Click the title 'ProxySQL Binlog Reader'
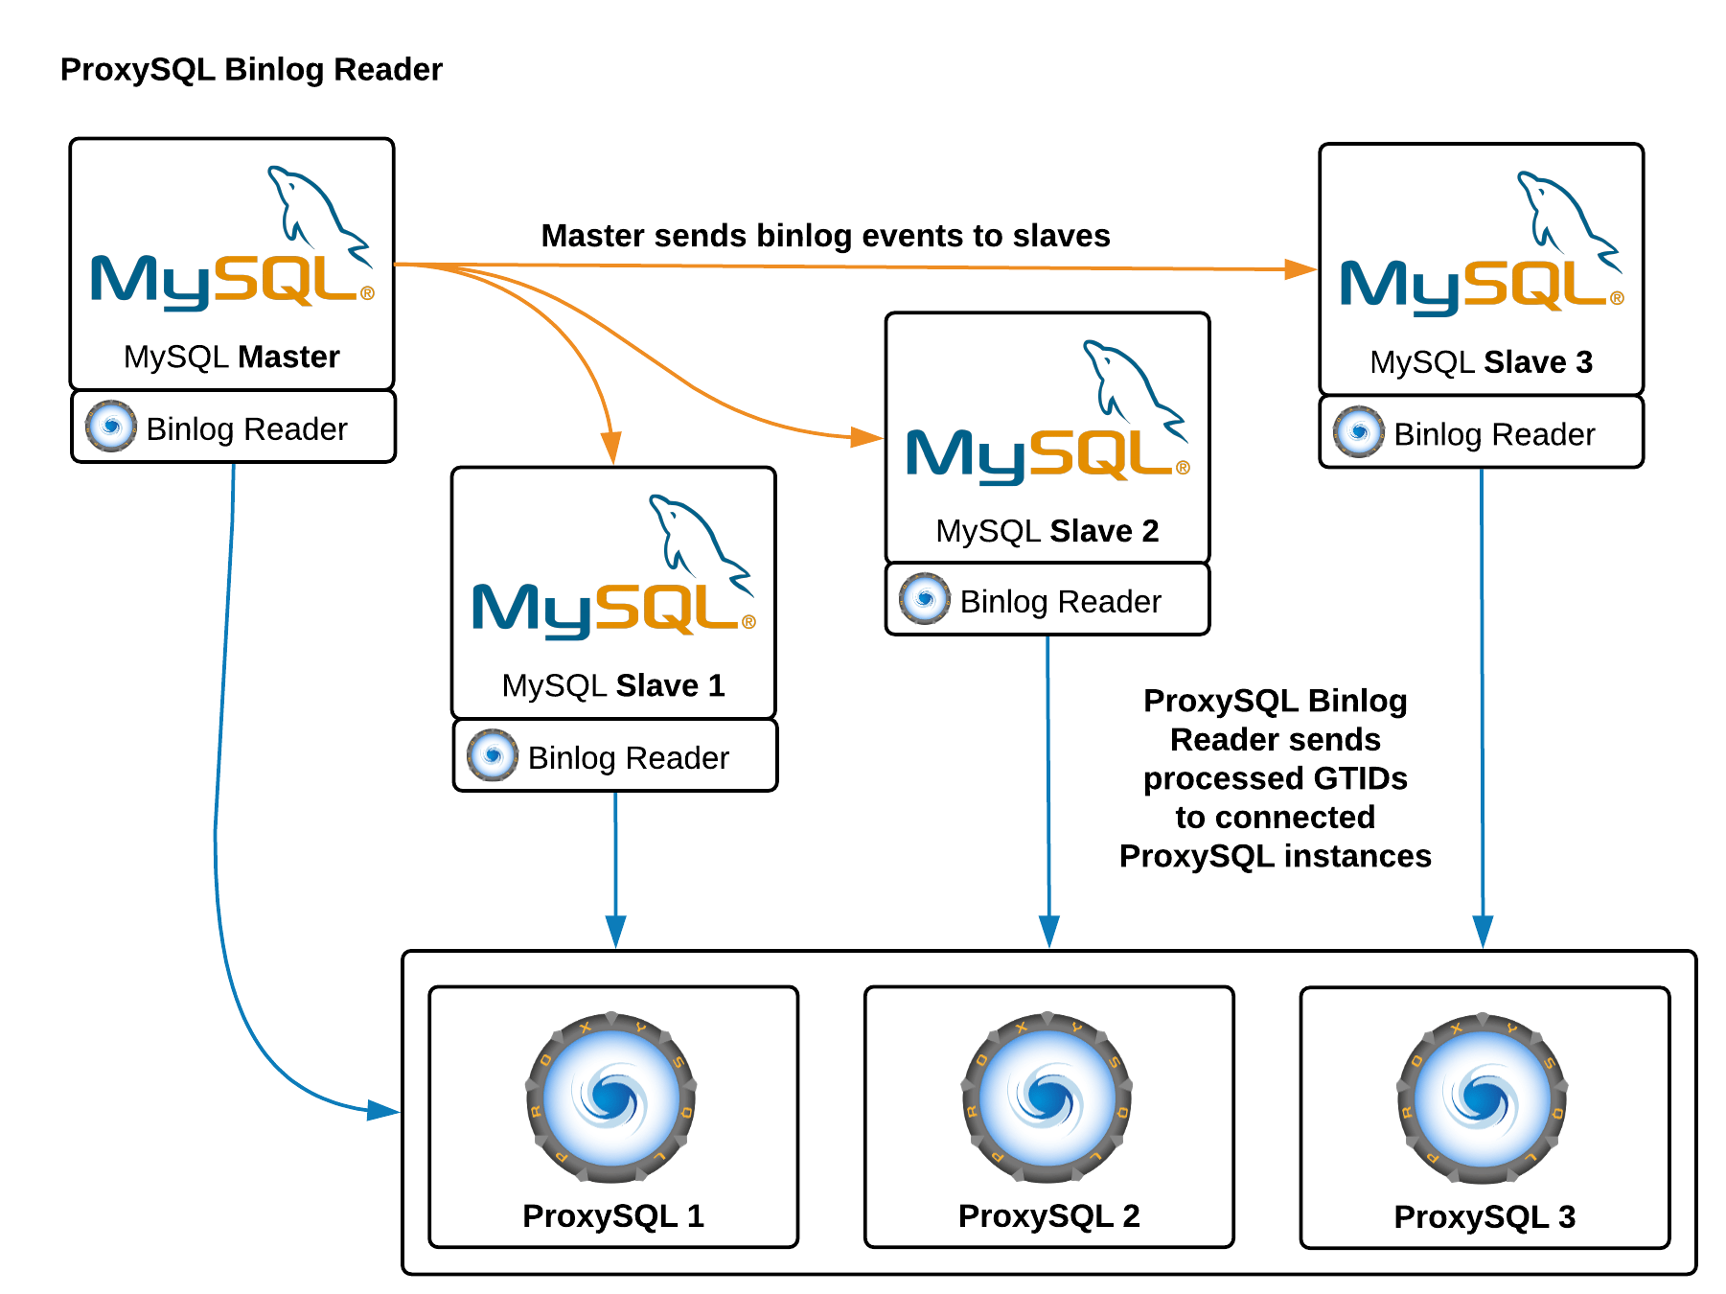click(250, 70)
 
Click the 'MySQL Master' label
click(232, 357)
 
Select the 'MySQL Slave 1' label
click(613, 685)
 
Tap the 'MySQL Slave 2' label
click(1047, 530)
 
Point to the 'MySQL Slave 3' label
click(1481, 362)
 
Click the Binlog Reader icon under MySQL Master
click(111, 427)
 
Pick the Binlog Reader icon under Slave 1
click(493, 755)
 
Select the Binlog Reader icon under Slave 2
click(925, 599)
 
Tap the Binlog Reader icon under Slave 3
click(1359, 432)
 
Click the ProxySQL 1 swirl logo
click(611, 1097)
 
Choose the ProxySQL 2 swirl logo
click(1047, 1097)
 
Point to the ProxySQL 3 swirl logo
click(1483, 1098)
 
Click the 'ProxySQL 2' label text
click(1048, 1215)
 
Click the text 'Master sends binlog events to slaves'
click(825, 236)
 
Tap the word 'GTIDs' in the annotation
click(1360, 778)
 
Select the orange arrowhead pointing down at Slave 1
click(611, 449)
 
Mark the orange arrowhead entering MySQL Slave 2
click(867, 437)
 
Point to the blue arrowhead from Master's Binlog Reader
click(382, 1111)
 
